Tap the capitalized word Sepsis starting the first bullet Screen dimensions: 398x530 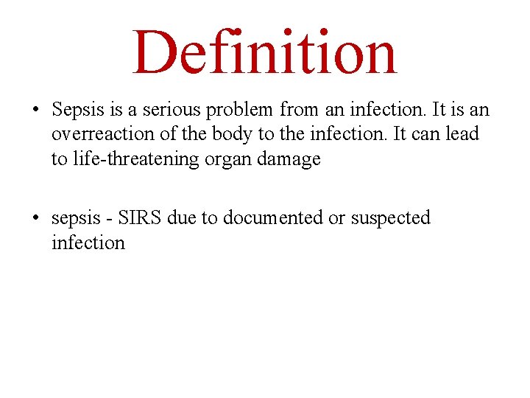[77, 111]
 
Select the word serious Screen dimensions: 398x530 [166, 111]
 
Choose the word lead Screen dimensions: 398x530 [462, 135]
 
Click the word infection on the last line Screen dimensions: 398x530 [88, 242]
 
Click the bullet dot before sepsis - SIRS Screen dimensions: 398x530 [35, 219]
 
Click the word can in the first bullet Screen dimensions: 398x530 [426, 135]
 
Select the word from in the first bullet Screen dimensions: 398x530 [297, 111]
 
